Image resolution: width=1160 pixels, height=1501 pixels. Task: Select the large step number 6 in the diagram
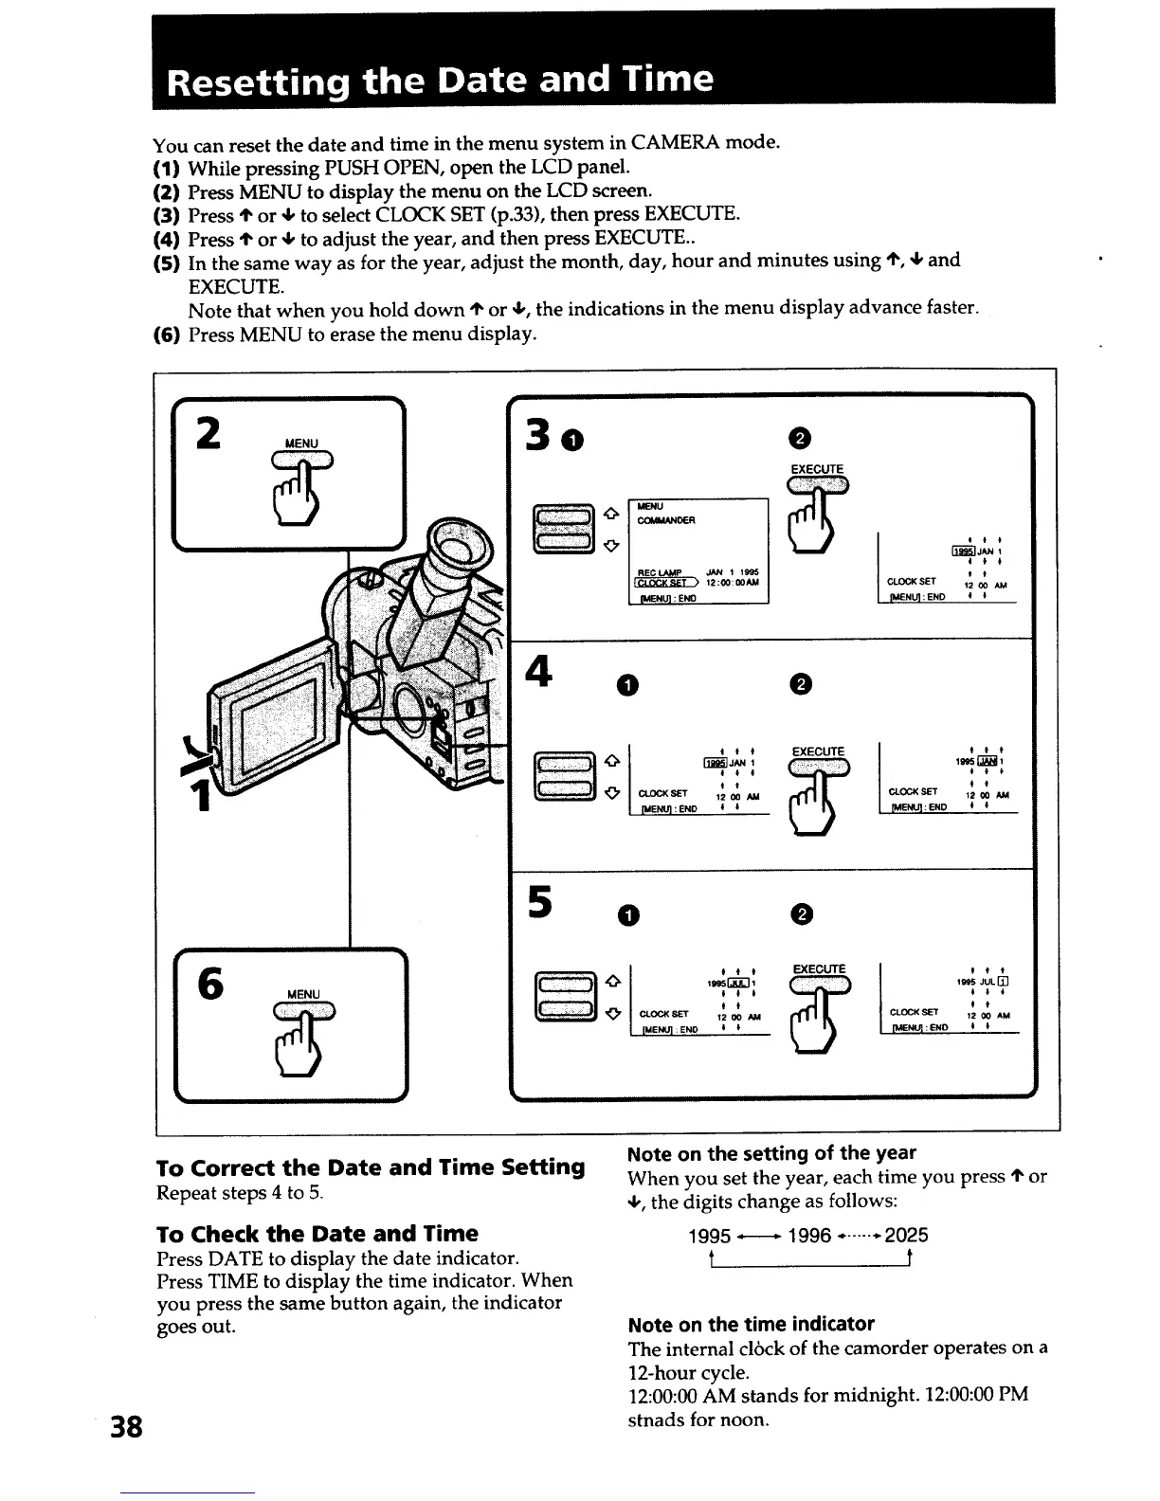pos(210,985)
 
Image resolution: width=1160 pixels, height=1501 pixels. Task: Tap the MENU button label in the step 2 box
pos(301,443)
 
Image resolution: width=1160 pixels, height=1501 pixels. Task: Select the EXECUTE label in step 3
pos(816,469)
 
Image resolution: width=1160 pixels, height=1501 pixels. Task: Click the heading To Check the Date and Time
pos(317,1233)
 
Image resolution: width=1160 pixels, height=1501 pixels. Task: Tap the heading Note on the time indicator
pos(751,1323)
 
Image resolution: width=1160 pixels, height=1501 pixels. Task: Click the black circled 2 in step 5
pos(801,913)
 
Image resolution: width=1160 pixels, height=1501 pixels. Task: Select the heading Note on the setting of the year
pos(771,1152)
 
